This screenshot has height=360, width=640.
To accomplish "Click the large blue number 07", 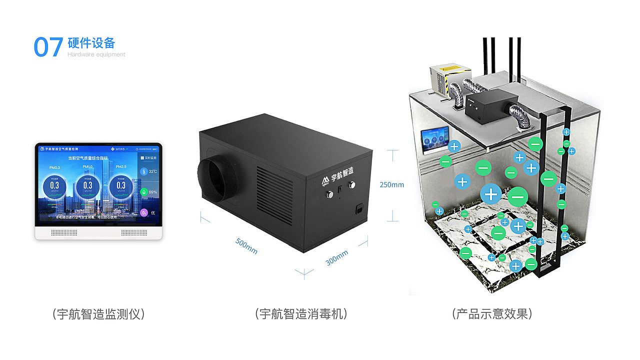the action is coord(48,47).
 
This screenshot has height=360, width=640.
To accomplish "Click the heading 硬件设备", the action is coord(91,42).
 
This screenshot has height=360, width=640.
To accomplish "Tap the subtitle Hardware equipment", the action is coord(96,54).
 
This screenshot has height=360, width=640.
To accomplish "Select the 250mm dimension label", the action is coord(391,184).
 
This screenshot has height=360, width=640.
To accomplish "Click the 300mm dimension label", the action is coord(336,257).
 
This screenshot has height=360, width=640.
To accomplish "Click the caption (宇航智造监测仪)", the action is coord(98,314).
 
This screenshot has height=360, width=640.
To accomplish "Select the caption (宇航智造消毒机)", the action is coord(301,314).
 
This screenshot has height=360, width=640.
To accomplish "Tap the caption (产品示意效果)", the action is coord(492,314).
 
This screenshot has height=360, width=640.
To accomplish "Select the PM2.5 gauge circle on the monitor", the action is coord(121,186).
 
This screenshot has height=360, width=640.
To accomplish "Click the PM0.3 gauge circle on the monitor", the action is coord(54,186).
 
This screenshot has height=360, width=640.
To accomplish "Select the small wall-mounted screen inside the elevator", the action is coord(434,139).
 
